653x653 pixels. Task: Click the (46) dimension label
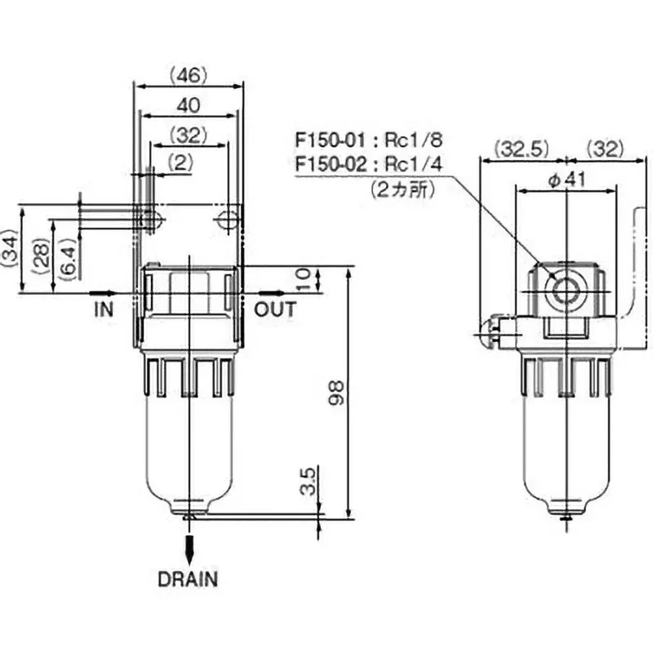pyautogui.click(x=189, y=76)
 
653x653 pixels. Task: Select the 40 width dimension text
pyautogui.click(x=189, y=106)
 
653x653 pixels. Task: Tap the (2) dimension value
pyautogui.click(x=180, y=162)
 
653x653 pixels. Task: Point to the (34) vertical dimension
pyautogui.click(x=10, y=249)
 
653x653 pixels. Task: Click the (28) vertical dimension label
pyautogui.click(x=42, y=256)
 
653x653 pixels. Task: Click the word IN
pyautogui.click(x=104, y=309)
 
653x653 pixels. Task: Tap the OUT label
pyautogui.click(x=275, y=310)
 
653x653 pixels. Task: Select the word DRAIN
pyautogui.click(x=188, y=580)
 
